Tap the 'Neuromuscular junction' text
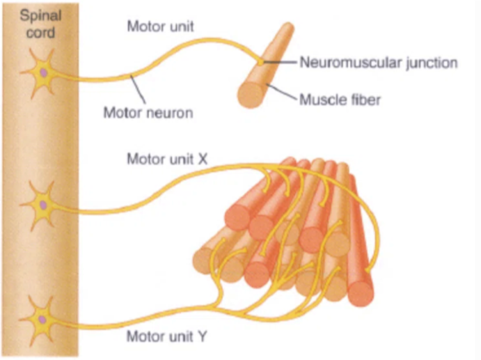[x=379, y=63]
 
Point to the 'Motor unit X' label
[x=167, y=159]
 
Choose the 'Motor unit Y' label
[x=167, y=338]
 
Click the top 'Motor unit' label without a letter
[x=160, y=27]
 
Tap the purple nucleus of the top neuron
[x=43, y=72]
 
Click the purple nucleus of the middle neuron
[x=43, y=205]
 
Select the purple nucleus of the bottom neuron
[x=43, y=319]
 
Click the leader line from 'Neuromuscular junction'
[x=280, y=63]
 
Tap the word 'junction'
[x=433, y=63]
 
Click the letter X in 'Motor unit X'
[x=203, y=159]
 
